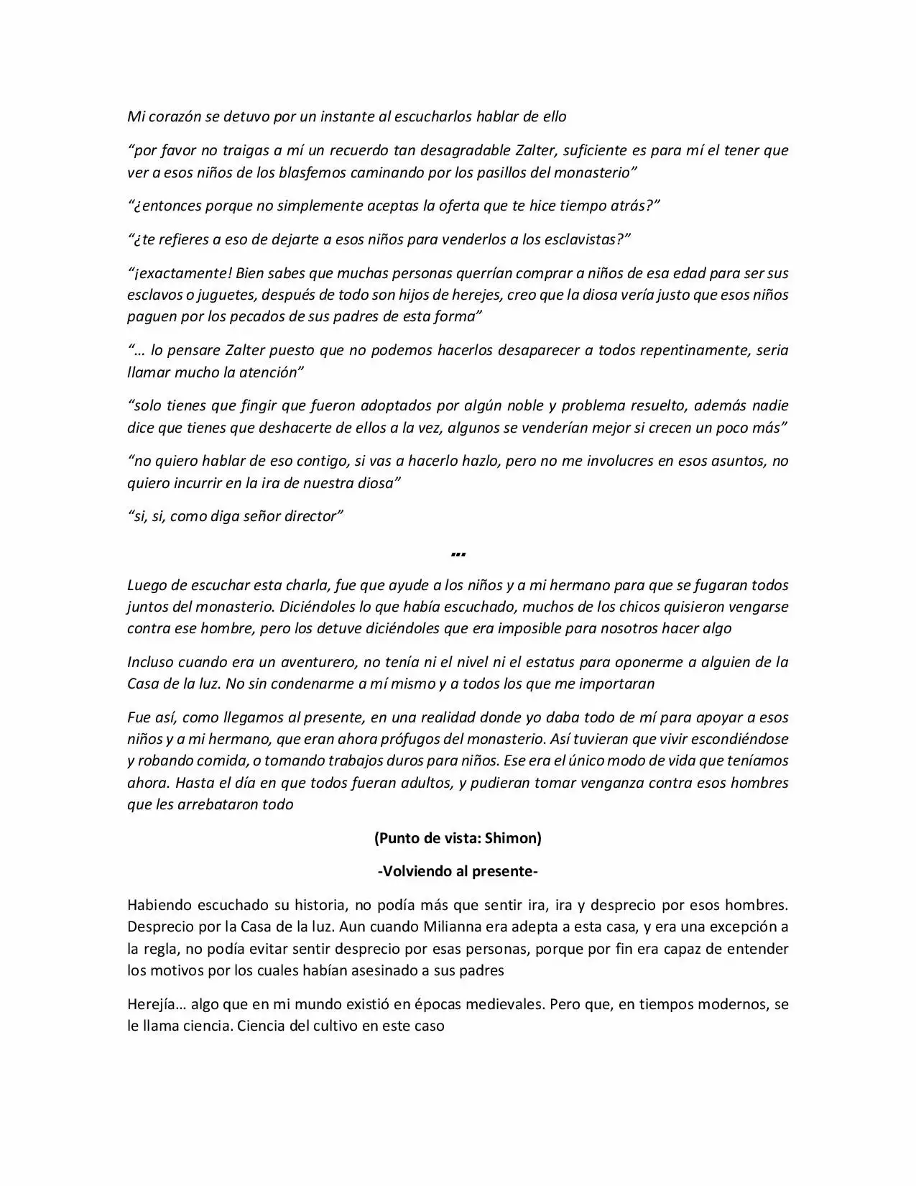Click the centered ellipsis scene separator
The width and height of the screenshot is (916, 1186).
coord(458,553)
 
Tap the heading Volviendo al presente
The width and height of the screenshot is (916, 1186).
coord(458,871)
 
